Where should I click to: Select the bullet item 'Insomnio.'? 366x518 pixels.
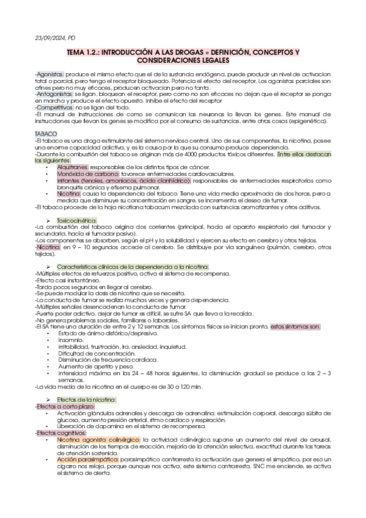[70, 340]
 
